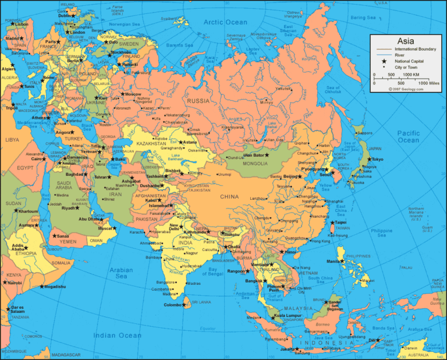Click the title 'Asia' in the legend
tap(405, 41)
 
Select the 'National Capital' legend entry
tap(409, 61)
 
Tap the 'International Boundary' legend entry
tap(414, 49)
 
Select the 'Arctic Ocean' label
tap(225, 22)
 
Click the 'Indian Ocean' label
tap(118, 335)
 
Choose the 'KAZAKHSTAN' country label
tap(151, 143)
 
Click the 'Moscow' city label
tap(133, 94)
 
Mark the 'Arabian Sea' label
tap(121, 273)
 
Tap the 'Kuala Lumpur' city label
tap(286, 316)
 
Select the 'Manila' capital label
tap(333, 262)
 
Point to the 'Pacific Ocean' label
tap(408, 136)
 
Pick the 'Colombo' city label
tap(173, 305)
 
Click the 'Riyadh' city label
tap(69, 208)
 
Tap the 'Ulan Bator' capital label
tap(254, 155)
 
